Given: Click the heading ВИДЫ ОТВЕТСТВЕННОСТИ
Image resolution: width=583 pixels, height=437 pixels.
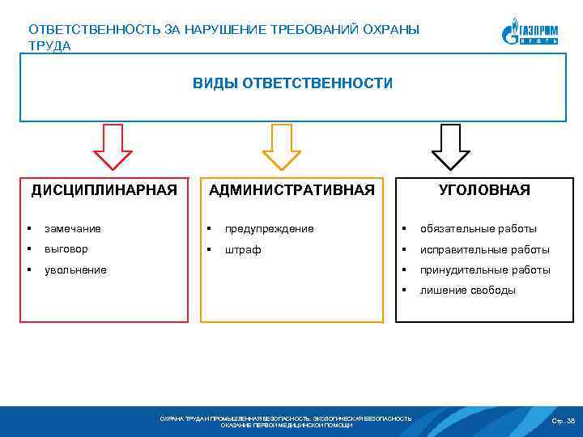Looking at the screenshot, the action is (292, 83).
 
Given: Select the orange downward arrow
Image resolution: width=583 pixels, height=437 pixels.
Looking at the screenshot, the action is (281, 146).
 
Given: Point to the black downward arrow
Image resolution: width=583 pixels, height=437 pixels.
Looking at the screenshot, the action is (450, 146).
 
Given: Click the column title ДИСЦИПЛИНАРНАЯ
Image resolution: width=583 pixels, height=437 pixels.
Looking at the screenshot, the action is (104, 190).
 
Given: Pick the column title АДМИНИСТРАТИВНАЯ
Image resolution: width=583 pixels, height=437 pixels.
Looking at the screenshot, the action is (291, 190).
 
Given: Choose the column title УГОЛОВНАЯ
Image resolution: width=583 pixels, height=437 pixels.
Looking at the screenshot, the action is (484, 190).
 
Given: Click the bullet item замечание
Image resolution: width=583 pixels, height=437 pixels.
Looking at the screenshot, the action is (73, 229).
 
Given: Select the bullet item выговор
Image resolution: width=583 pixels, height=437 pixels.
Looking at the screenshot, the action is (66, 249).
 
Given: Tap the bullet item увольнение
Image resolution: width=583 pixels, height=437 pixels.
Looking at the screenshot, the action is (75, 269).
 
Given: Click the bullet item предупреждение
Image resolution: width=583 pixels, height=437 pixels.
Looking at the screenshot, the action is (270, 229).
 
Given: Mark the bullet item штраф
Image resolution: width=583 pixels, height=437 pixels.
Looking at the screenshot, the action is (244, 250).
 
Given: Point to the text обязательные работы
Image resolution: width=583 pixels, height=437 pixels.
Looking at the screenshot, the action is (478, 229).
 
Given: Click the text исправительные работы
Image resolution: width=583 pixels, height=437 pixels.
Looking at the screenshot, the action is (484, 250).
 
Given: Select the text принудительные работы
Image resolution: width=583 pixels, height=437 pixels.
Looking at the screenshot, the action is (485, 270).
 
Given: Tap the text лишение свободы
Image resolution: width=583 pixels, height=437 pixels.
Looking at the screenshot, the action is (467, 291).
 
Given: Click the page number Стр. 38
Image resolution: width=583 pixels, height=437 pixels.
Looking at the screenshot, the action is (563, 422).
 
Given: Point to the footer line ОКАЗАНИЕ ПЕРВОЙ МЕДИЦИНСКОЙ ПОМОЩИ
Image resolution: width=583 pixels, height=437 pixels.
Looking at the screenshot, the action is (287, 425).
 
